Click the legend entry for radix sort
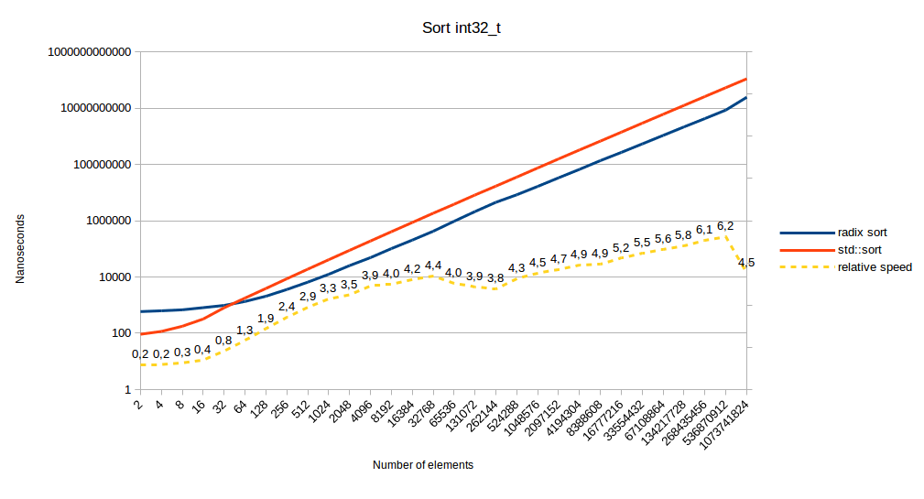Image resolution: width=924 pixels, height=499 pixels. pyautogui.click(x=861, y=233)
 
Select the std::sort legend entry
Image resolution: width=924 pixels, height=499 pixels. pyautogui.click(x=859, y=249)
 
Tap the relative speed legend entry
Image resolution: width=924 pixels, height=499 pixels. pyautogui.click(x=875, y=266)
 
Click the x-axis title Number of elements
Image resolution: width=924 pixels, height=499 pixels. pyautogui.click(x=423, y=465)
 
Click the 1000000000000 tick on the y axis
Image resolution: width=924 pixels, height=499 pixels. pyautogui.click(x=88, y=52)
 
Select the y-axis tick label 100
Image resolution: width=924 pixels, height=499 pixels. pyautogui.click(x=121, y=333)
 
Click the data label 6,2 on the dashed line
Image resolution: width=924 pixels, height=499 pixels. pyautogui.click(x=725, y=225)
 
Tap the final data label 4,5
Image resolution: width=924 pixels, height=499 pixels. pyautogui.click(x=746, y=263)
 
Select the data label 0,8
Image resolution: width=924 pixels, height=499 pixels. pyautogui.click(x=223, y=341)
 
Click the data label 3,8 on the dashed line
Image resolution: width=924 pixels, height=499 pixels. pyautogui.click(x=495, y=277)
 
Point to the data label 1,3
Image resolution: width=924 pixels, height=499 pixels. pyautogui.click(x=245, y=330)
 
